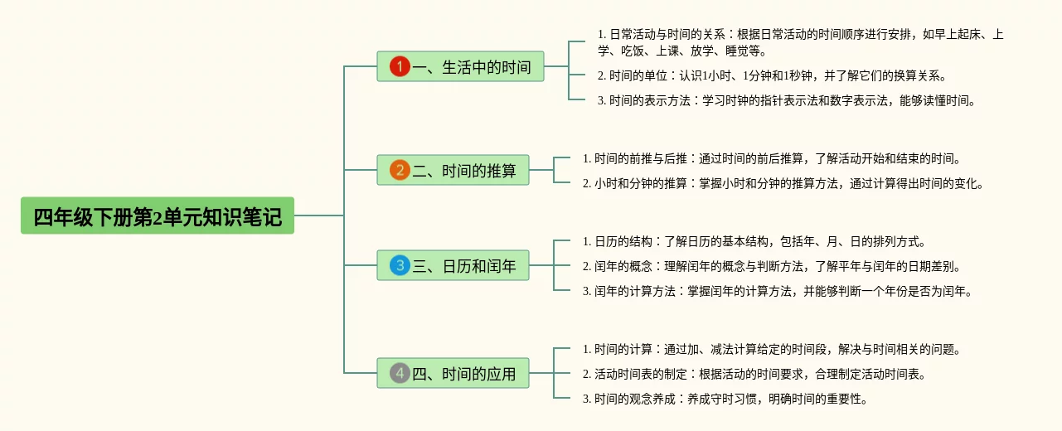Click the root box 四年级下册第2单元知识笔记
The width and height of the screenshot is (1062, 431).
158,215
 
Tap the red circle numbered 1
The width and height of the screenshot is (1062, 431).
400,66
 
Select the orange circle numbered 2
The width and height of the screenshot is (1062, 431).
400,170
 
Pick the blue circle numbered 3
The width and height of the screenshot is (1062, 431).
400,265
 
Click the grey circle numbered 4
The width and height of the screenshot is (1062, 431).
400,373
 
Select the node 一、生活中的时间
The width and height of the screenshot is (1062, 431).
460,66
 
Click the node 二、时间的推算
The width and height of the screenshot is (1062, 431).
453,170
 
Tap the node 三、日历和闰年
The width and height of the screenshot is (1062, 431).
453,265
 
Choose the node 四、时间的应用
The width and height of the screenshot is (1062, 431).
453,373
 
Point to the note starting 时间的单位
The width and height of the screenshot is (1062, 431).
773,76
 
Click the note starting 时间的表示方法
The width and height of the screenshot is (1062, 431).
787,100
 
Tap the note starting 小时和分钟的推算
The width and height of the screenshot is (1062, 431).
783,183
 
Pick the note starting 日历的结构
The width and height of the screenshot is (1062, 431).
754,242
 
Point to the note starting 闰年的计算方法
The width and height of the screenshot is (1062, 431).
778,291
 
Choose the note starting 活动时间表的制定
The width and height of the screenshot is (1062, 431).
754,374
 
